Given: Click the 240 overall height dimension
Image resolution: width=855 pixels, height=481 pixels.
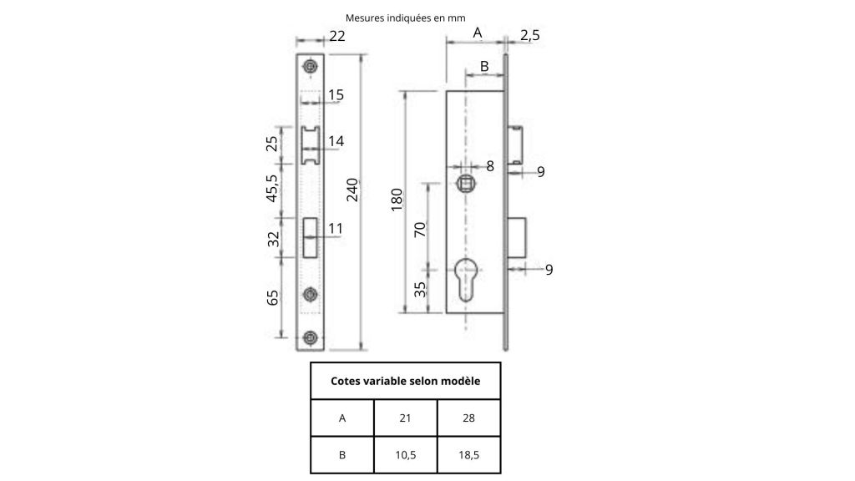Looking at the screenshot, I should pyautogui.click(x=352, y=190).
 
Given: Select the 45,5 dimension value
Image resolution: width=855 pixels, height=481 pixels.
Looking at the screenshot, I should pyautogui.click(x=273, y=190).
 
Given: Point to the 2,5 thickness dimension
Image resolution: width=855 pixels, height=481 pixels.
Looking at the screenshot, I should pyautogui.click(x=529, y=34).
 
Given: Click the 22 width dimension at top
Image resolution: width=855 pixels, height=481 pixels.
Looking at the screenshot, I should pyautogui.click(x=336, y=35).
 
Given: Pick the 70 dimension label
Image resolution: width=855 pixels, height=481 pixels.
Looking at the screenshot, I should pyautogui.click(x=420, y=229).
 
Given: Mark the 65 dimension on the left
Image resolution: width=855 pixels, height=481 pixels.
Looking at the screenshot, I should pyautogui.click(x=273, y=298).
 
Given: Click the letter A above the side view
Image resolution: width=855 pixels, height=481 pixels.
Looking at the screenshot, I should pyautogui.click(x=478, y=32).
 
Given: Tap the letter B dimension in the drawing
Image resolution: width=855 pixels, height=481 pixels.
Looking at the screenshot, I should pyautogui.click(x=483, y=65).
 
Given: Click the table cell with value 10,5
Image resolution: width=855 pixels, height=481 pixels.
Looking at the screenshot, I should pyautogui.click(x=406, y=455).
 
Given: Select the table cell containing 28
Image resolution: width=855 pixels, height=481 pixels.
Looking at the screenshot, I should pyautogui.click(x=468, y=418).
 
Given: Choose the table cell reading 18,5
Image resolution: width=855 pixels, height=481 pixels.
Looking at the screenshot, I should pyautogui.click(x=468, y=455).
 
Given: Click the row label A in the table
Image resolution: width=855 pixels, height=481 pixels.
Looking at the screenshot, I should pyautogui.click(x=342, y=418).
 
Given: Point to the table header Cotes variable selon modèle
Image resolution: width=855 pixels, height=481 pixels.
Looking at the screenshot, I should pyautogui.click(x=405, y=382).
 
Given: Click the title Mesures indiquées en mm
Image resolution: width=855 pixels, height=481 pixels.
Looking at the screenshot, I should pyautogui.click(x=405, y=17).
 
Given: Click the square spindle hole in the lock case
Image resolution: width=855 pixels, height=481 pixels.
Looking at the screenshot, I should pyautogui.click(x=466, y=183).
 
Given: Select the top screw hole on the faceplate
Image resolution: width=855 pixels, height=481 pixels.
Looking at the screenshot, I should pyautogui.click(x=311, y=66).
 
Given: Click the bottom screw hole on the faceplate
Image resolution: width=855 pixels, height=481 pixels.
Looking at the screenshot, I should pyautogui.click(x=311, y=337).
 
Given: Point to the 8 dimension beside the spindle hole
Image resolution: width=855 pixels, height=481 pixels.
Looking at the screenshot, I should pyautogui.click(x=490, y=165).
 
